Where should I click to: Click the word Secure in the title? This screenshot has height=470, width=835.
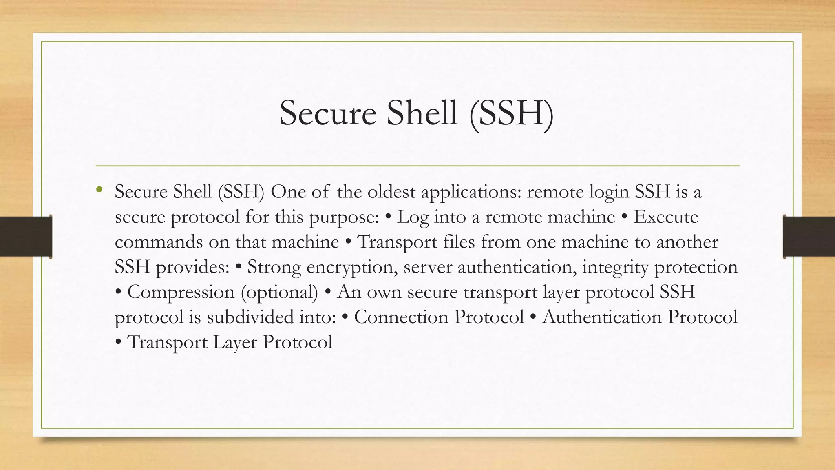[327, 113]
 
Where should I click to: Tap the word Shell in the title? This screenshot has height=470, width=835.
[422, 113]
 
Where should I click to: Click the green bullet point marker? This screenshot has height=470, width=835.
[99, 189]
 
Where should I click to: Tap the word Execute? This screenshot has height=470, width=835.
[665, 217]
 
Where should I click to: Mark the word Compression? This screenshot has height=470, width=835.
[181, 292]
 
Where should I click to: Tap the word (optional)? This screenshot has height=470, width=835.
[279, 292]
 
